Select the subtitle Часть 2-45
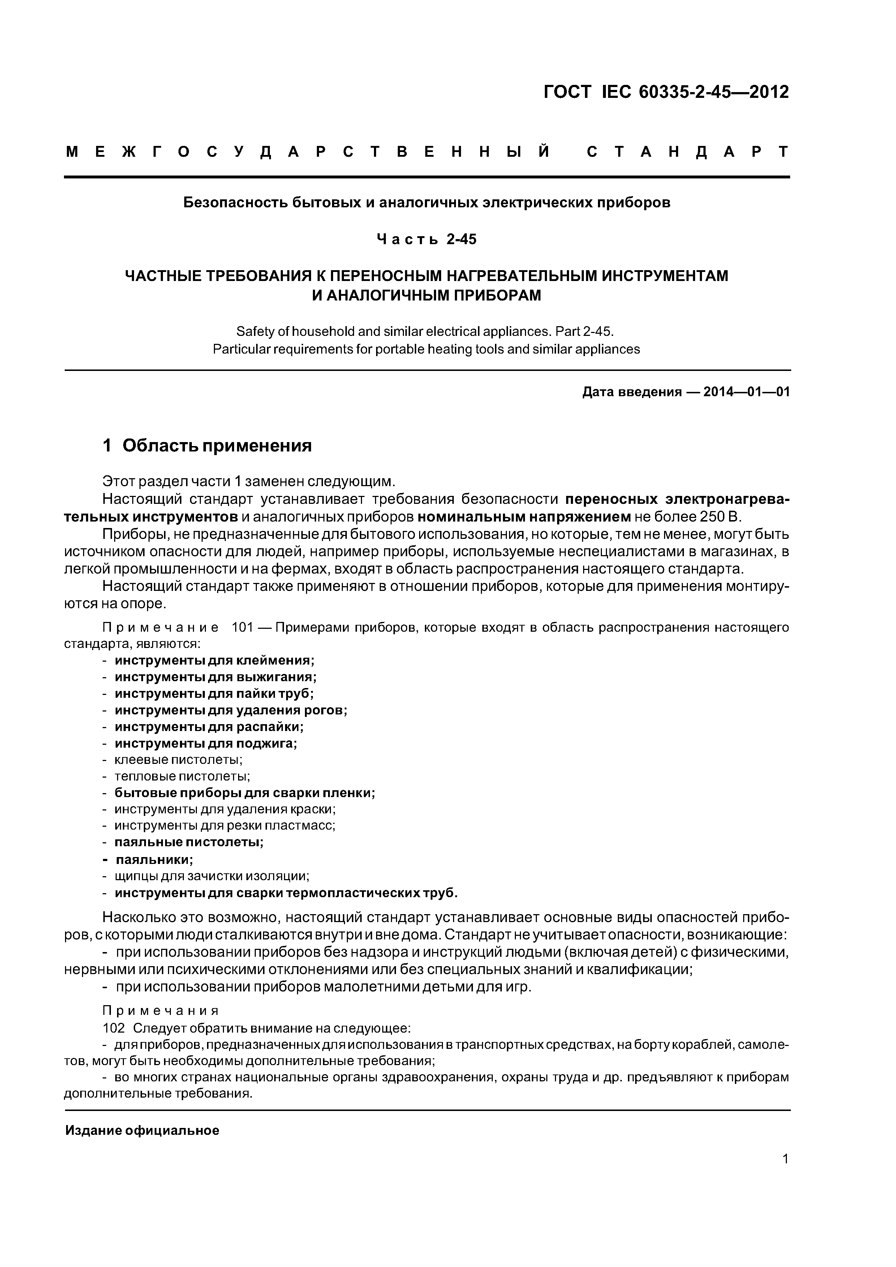tap(426, 239)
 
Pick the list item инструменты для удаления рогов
tap(231, 710)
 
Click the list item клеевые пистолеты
tap(178, 760)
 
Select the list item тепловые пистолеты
tap(182, 777)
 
